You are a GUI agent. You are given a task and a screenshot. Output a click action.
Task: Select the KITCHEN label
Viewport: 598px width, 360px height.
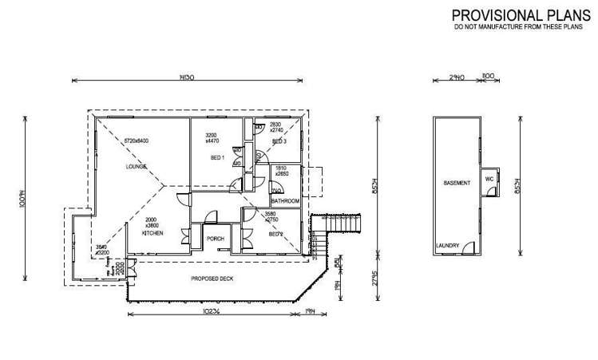[152, 232]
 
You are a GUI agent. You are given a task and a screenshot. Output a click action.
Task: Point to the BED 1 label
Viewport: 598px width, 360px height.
[217, 157]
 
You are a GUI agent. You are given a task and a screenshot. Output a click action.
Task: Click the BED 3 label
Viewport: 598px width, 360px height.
[279, 141]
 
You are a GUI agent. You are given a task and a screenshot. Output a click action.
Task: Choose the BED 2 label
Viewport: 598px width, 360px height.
[275, 235]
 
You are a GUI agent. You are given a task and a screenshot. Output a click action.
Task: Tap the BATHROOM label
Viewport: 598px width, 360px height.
[285, 201]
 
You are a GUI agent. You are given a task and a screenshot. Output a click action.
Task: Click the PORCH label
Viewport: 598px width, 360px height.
[216, 239]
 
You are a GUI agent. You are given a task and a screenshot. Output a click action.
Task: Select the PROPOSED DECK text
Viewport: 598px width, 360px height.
[212, 279]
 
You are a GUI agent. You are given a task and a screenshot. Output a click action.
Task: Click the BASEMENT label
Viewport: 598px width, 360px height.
[457, 183]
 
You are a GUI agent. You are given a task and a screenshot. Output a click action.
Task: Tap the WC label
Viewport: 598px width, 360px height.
[489, 180]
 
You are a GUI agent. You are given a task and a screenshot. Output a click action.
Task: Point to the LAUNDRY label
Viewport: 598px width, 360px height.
[447, 246]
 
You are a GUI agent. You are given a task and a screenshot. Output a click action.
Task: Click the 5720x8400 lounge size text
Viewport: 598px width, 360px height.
[136, 141]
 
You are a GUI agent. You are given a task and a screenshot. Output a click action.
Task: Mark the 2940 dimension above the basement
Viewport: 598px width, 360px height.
[455, 77]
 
